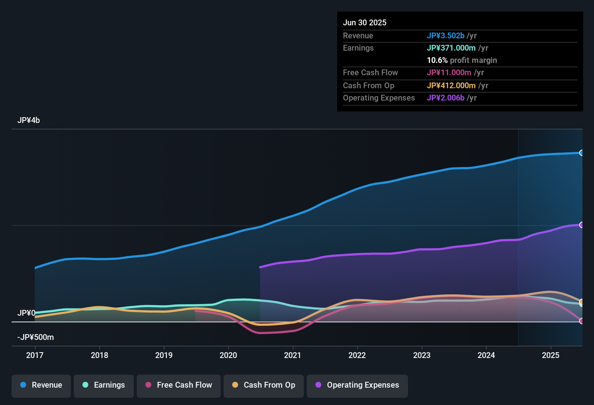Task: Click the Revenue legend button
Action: tap(41, 385)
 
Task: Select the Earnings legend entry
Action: tap(104, 385)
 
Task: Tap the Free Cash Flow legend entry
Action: tap(179, 385)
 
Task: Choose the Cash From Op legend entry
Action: tap(264, 385)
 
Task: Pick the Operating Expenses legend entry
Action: tap(357, 385)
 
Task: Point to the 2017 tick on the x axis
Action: tap(35, 355)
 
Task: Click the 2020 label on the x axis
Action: tap(228, 355)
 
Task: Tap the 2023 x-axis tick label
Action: tap(422, 355)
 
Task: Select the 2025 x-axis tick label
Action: tap(551, 355)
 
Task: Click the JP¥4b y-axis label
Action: tap(29, 120)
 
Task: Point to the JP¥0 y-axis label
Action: tap(26, 313)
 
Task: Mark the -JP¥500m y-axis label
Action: tap(35, 337)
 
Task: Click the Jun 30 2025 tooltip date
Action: tap(365, 23)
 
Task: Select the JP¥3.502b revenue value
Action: tap(446, 36)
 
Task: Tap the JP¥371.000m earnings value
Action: tap(451, 48)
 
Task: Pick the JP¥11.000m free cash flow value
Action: tap(449, 73)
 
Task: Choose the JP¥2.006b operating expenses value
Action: tap(446, 98)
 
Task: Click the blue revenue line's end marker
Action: tap(581, 153)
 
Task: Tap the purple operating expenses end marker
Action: tap(581, 225)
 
